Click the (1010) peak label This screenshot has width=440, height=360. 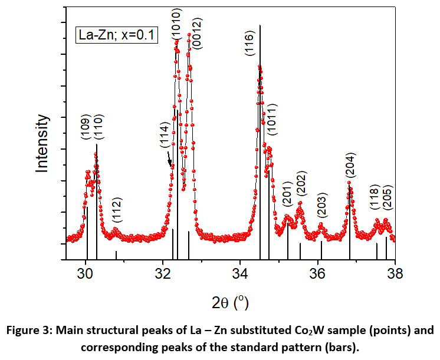click(x=177, y=24)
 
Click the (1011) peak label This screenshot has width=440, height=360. click(x=272, y=118)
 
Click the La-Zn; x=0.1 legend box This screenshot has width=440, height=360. click(x=116, y=35)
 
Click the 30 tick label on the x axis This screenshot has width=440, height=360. click(x=86, y=273)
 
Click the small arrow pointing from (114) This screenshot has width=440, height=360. click(x=169, y=158)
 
